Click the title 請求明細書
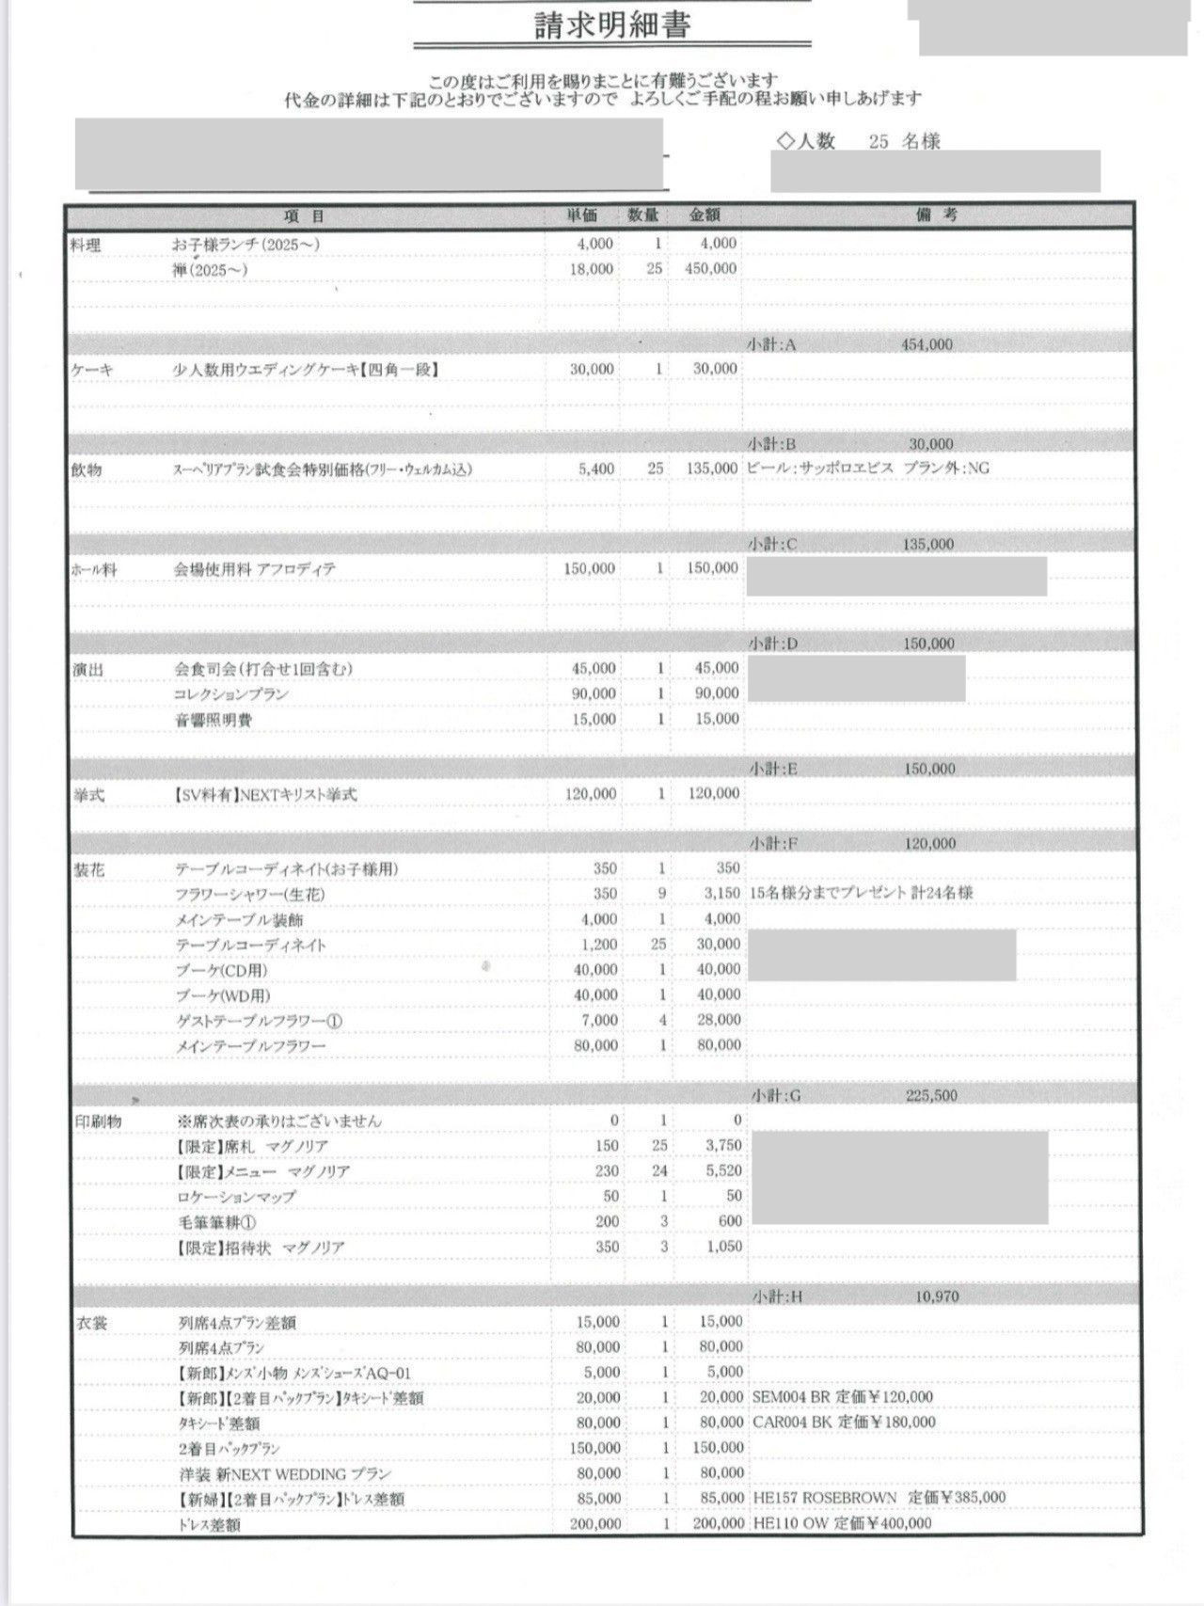[612, 24]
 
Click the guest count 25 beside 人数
[879, 142]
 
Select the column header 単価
[581, 215]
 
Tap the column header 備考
[936, 215]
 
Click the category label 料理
[86, 246]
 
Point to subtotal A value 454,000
[927, 344]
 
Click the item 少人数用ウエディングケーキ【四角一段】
[306, 370]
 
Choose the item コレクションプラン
[231, 694]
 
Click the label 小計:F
[773, 844]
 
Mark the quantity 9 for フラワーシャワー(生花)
[662, 893]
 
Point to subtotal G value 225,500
[931, 1095]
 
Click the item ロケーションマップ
[236, 1197]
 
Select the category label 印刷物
[98, 1121]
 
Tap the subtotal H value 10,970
[936, 1296]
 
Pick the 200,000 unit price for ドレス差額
[595, 1523]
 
